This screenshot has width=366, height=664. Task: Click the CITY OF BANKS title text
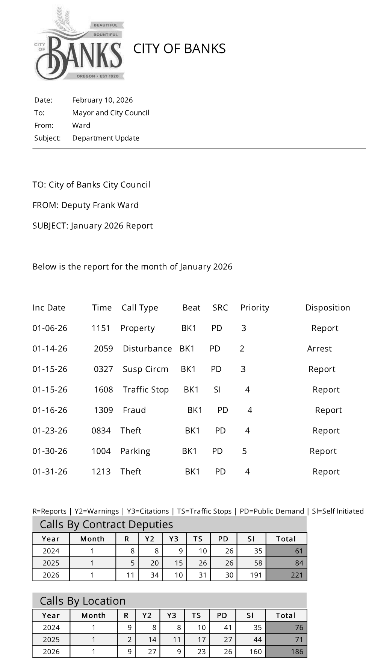pos(179,49)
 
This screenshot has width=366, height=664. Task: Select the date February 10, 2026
pos(102,100)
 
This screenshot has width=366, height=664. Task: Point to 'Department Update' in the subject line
pos(106,138)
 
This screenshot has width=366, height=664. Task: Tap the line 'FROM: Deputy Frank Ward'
pos(85,205)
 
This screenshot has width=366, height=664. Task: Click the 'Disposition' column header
pos(327,308)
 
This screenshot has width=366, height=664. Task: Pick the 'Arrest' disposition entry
pos(319,349)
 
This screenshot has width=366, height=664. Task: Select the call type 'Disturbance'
pos(147,349)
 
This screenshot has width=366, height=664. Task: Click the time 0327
pos(103,369)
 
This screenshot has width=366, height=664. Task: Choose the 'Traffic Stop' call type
pos(145,390)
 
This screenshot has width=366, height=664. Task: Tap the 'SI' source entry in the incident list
pos(217,390)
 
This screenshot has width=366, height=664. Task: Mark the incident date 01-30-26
pos(50,451)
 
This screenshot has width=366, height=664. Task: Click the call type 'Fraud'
pos(134,410)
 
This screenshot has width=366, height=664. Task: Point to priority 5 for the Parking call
pos(244,451)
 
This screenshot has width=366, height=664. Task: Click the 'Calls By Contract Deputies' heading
pos(106,524)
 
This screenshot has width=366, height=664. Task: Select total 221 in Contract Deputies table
pos(296,575)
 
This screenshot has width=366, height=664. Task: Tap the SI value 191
pos(256,575)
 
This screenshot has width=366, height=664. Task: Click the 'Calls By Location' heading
pos(83,601)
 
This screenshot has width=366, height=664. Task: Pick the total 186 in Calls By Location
pos(297,652)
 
